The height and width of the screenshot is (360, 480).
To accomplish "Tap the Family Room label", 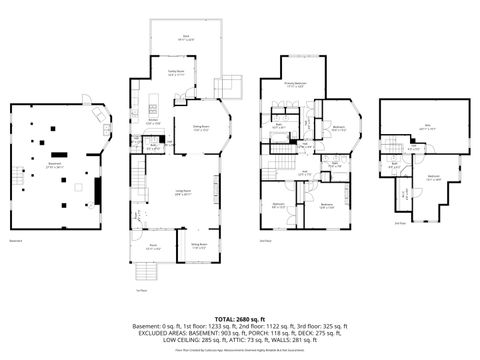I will pyautogui.click(x=175, y=71).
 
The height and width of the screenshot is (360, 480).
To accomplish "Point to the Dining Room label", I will pyautogui.click(x=199, y=127).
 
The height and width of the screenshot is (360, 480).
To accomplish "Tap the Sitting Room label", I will pyautogui.click(x=199, y=244).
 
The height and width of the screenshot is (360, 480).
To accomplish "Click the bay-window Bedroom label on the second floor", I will pyautogui.click(x=339, y=127).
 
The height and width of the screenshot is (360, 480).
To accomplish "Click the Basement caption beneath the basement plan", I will pyautogui.click(x=15, y=240).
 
